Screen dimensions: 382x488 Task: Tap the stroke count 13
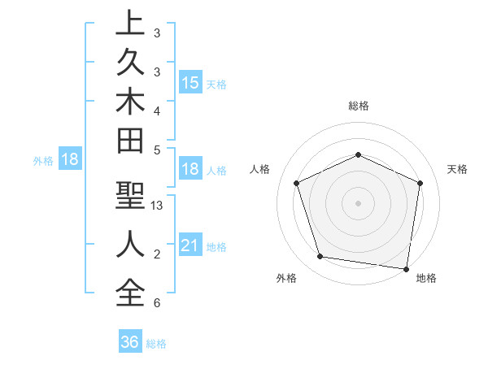coord(158,206)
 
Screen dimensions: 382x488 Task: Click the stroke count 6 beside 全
coord(156,303)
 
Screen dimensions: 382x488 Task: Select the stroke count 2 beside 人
coord(156,254)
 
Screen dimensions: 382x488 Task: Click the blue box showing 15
coord(190,83)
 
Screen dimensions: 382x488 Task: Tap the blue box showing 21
coord(190,245)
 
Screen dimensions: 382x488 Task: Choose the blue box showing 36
coord(130,342)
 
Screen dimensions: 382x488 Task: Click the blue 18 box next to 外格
coord(70,159)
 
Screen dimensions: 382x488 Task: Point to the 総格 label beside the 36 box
coord(156,344)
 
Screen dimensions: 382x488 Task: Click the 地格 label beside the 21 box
coord(217,247)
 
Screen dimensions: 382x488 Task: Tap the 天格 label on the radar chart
coord(458,169)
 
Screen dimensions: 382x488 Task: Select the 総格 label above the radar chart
coord(358,106)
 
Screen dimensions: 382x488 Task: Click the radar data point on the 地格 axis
coord(407,268)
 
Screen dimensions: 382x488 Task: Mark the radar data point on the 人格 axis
coord(297,183)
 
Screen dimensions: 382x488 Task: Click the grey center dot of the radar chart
coord(358,203)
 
